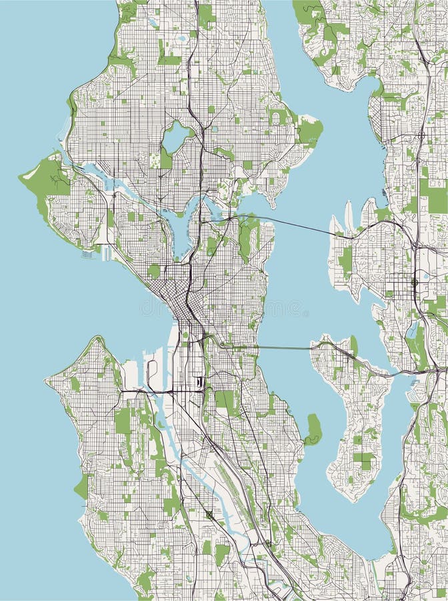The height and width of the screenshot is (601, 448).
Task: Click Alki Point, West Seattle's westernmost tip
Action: (46, 381)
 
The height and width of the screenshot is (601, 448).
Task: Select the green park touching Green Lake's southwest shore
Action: (165, 158)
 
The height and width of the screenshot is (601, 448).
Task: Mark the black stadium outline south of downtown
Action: (199, 382)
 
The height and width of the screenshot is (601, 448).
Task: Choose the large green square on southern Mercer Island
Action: (364, 459)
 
